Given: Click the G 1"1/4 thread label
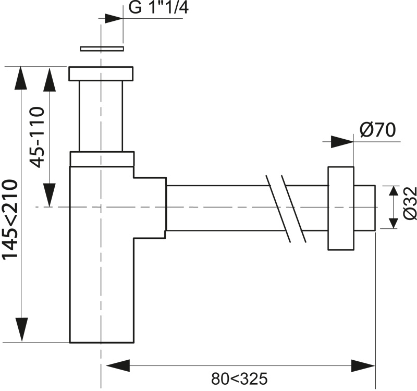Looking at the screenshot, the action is click(x=159, y=7).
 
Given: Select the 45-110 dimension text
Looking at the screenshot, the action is click(x=36, y=137).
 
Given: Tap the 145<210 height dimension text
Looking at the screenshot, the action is click(x=9, y=219).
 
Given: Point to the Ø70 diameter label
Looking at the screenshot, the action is click(x=378, y=130).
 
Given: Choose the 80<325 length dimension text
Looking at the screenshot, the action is click(x=239, y=378).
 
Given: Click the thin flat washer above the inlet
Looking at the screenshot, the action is click(x=102, y=48).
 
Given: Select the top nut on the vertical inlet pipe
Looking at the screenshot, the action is click(x=101, y=74).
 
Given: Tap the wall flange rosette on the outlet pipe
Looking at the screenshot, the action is click(x=341, y=208).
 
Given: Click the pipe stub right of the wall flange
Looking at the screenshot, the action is click(x=364, y=207).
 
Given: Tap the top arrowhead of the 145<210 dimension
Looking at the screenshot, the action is click(x=21, y=78).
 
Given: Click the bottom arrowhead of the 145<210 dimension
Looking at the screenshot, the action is click(x=21, y=329).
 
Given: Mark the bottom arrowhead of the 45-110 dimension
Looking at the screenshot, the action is click(x=50, y=195).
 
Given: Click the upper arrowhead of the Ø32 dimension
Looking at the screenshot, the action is click(x=394, y=191).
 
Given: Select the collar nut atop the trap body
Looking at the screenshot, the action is click(x=102, y=159).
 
